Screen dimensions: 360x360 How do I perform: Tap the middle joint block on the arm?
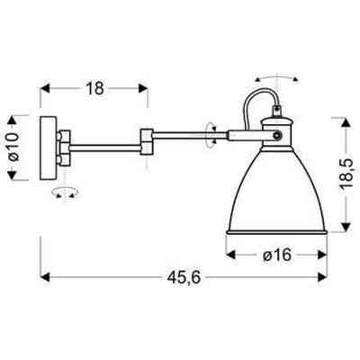coord(146,139)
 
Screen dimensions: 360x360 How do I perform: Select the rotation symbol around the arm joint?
coord(212,135)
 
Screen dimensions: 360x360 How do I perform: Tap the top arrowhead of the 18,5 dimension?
coord(346,117)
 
